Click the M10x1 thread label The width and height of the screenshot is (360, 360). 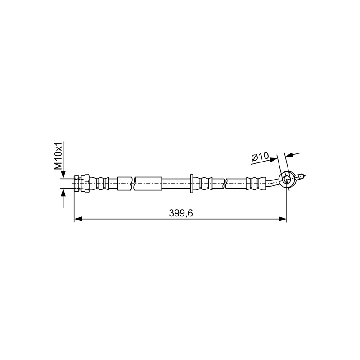[x=58, y=156]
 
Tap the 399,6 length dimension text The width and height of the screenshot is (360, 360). [x=181, y=213]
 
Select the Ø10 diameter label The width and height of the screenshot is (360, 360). [x=260, y=157]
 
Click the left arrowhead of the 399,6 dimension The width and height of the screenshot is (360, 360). [x=78, y=219]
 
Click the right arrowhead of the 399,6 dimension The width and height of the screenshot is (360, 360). [x=283, y=219]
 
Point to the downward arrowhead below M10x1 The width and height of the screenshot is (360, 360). [x=63, y=175]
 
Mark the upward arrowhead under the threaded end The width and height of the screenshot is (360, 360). [x=63, y=193]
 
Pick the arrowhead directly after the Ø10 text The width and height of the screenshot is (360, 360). [x=273, y=159]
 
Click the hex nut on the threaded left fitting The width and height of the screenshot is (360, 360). [x=86, y=184]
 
